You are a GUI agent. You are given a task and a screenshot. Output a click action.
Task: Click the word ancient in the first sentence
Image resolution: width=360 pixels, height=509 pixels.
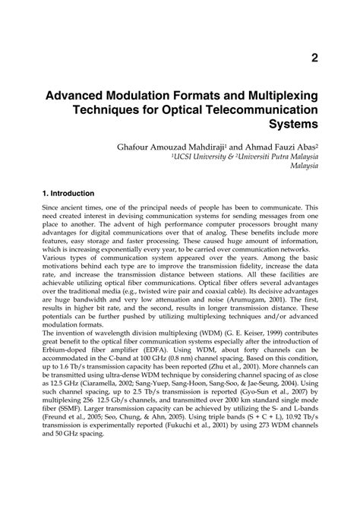point(77,207)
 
